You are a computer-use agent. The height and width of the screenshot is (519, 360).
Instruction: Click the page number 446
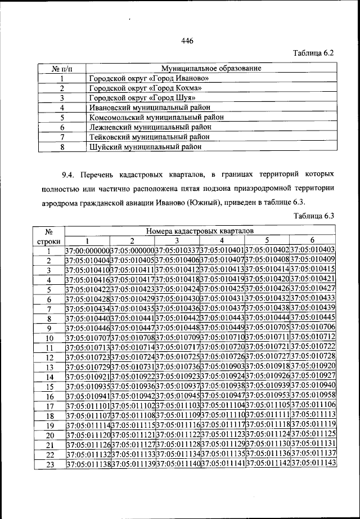(187, 40)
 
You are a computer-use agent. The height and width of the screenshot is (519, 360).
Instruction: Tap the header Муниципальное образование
(211, 68)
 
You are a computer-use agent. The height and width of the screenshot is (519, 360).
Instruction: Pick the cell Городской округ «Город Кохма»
(145, 88)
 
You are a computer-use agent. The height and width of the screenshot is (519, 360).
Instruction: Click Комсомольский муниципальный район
(156, 117)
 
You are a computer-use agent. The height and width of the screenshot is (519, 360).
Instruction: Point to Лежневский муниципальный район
(150, 127)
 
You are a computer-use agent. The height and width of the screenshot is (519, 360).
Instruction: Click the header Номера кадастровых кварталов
(200, 231)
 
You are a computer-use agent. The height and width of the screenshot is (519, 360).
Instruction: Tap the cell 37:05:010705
(268, 327)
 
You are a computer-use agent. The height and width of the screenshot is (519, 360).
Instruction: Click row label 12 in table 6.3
(49, 356)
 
